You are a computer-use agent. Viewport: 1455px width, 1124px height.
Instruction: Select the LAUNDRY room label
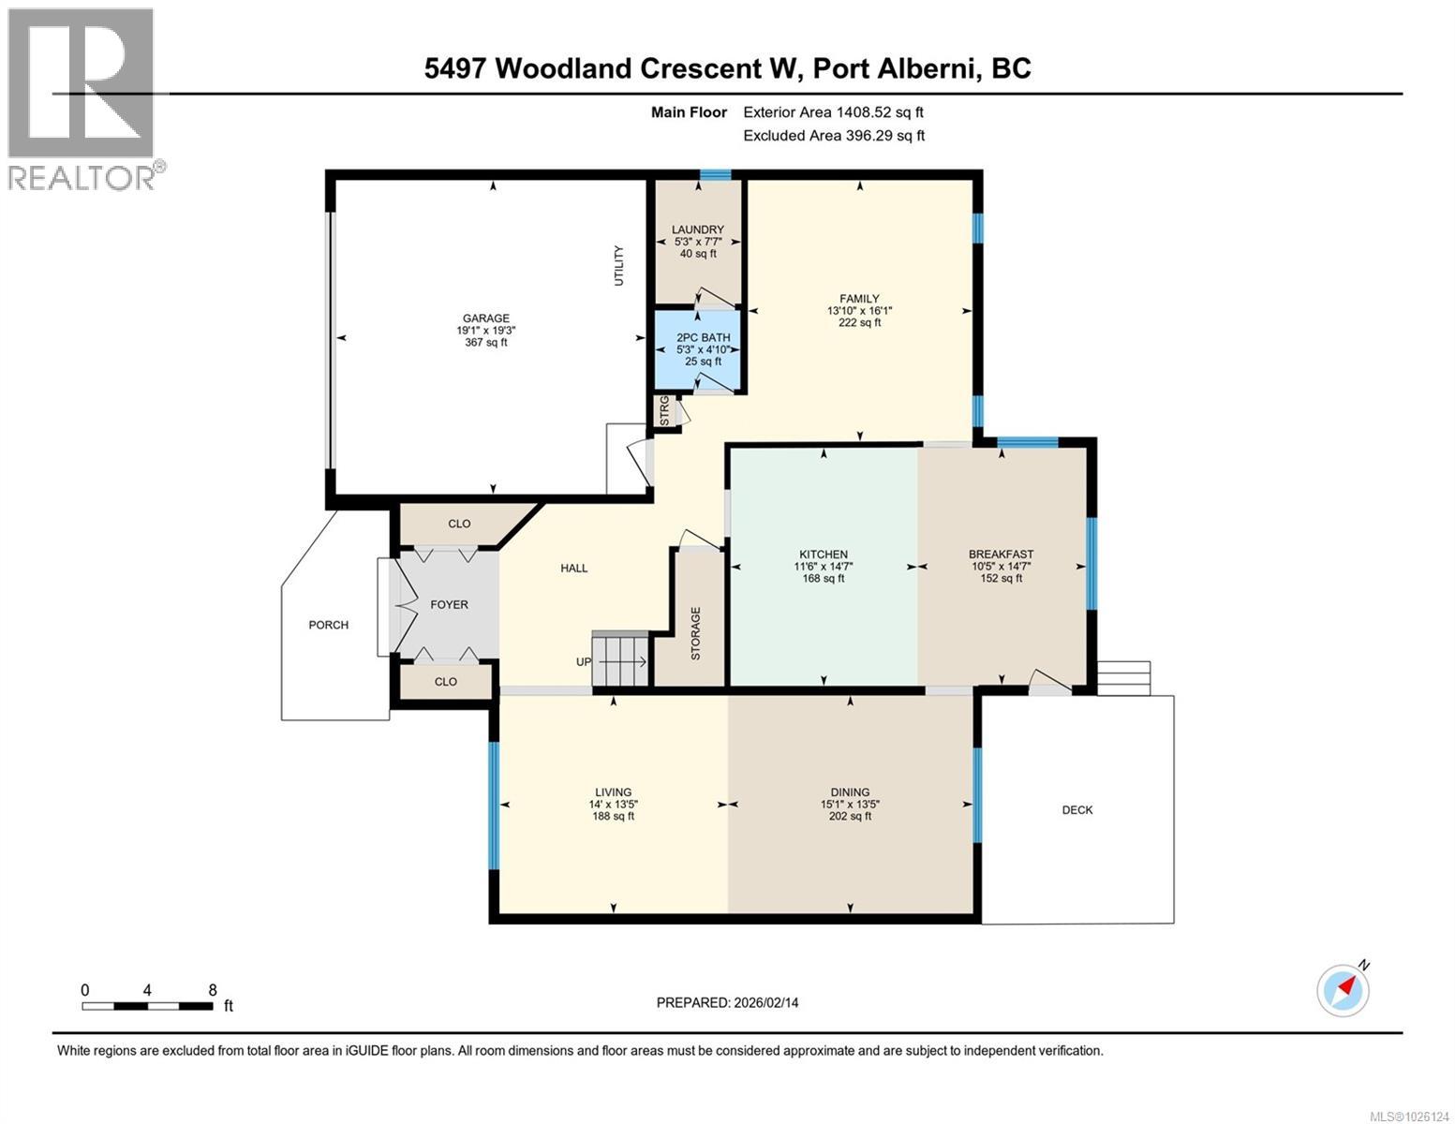698,229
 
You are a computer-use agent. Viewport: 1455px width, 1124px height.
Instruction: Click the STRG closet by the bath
665,411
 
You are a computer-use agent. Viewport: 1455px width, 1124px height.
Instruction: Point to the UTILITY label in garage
618,265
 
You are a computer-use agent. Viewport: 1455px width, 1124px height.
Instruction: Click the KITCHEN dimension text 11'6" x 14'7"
823,566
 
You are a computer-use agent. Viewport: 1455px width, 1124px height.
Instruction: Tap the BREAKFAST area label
1001,555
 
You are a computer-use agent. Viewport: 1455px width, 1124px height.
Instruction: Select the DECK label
1076,810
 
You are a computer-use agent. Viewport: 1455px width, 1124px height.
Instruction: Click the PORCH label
328,625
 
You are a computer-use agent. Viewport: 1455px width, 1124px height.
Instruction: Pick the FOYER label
449,605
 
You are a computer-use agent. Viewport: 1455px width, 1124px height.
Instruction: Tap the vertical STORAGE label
695,634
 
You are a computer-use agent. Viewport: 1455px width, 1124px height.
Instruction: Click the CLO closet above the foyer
459,524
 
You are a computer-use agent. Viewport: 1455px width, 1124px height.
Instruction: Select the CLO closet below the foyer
446,681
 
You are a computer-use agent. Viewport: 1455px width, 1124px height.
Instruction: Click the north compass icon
1344,989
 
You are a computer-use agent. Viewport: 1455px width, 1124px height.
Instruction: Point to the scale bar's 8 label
213,990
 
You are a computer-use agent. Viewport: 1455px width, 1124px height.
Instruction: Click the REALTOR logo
82,98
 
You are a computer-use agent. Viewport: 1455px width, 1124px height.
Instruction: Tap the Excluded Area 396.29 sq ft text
833,136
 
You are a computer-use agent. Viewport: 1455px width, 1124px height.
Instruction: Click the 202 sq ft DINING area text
849,816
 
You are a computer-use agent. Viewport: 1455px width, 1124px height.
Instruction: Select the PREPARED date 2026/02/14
727,1002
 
